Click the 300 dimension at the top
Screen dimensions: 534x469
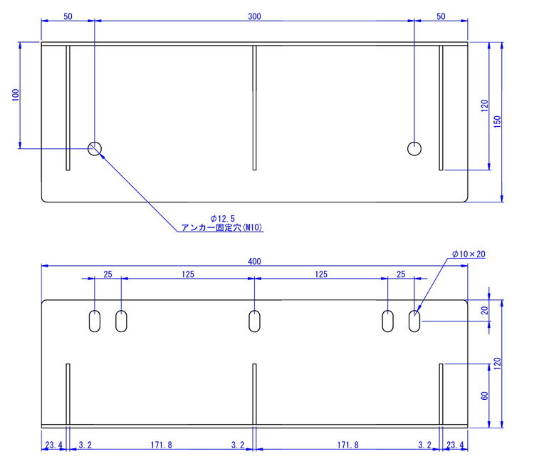tap(254, 16)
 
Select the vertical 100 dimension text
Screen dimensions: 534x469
tap(16, 95)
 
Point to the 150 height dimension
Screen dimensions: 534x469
tap(497, 122)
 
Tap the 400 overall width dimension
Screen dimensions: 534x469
tap(254, 262)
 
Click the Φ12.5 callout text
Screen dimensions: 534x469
tap(223, 219)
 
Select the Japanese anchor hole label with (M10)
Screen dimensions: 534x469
tap(221, 227)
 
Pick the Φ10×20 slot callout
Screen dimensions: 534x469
tap(468, 254)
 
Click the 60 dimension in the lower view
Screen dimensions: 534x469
tap(484, 396)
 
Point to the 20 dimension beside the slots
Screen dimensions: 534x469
tap(484, 311)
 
